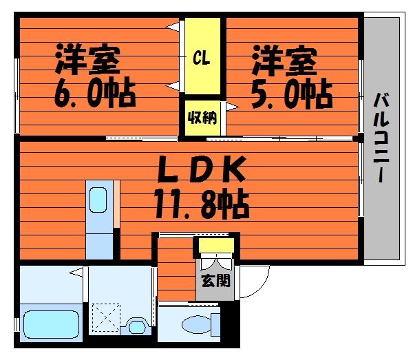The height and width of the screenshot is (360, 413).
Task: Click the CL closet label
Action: pos(202,58)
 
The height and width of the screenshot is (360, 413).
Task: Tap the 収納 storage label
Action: pos(202,118)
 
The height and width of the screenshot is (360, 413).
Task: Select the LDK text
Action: pos(202,169)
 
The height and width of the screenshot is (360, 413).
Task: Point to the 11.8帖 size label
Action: pos(202,204)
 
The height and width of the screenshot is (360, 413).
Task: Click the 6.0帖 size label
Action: pos(95,92)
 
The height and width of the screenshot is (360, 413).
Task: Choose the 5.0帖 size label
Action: pos(292,93)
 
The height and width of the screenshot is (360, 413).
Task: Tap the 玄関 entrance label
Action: pos(215,281)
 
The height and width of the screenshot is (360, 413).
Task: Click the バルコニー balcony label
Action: pos(381,137)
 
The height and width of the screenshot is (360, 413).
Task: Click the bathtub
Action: pos(52,324)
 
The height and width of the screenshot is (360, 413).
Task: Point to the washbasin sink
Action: pos(137,326)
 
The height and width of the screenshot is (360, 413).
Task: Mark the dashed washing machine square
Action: pos(106,317)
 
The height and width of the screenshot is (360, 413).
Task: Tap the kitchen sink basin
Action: pos(98,200)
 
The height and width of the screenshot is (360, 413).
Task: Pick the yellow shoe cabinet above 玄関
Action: pos(216,245)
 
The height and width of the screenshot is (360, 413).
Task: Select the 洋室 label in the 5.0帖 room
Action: pos(284,61)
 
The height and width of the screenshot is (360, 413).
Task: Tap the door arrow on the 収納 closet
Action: pos(233,107)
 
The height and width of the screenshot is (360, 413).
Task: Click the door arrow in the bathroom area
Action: pos(76,273)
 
